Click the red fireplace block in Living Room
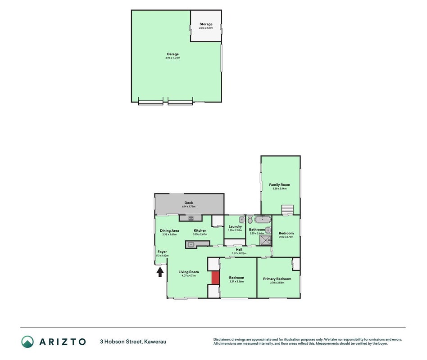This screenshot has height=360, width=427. (216, 278)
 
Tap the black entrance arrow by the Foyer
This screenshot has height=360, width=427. (160, 272)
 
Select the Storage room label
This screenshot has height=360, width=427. (206, 24)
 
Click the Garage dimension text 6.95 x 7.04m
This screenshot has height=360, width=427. (173, 58)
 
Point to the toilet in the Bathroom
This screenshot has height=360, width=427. (250, 220)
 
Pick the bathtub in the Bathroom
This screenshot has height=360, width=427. (263, 219)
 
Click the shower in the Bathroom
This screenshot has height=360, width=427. (266, 241)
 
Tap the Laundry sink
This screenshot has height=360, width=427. (242, 220)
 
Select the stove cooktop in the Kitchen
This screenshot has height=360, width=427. (191, 218)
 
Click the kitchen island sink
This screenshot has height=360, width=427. (191, 244)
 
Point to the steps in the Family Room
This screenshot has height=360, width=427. (287, 210)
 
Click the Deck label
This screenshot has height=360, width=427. (189, 202)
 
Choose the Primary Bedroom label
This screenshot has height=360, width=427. (277, 279)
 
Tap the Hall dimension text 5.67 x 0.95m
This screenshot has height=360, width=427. (239, 253)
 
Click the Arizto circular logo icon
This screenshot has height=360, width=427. (27, 342)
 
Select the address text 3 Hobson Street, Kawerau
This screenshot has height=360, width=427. (133, 342)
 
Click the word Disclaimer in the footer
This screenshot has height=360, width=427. (222, 340)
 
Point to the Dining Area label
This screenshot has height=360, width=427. (169, 231)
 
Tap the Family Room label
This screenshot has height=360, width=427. (280, 185)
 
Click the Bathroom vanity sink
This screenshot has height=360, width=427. (268, 230)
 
